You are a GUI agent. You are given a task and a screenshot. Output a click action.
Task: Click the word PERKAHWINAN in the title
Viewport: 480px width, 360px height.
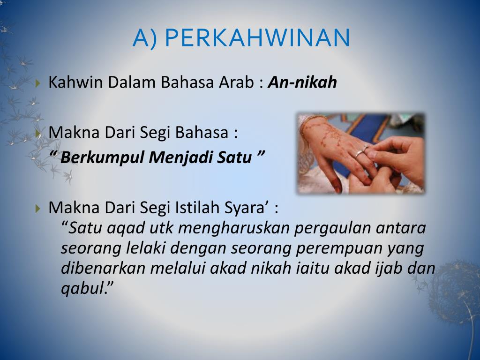257,37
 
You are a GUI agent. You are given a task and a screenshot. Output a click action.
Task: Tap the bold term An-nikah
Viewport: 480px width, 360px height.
302,82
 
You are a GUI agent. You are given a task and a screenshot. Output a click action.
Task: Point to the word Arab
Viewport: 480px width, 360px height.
236,82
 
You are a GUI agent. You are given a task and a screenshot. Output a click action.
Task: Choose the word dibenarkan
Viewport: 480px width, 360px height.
103,268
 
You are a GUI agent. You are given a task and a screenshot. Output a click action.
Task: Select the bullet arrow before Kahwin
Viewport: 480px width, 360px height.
37,82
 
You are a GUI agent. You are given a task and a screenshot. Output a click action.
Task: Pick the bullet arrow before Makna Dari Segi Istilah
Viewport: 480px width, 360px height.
37,209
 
